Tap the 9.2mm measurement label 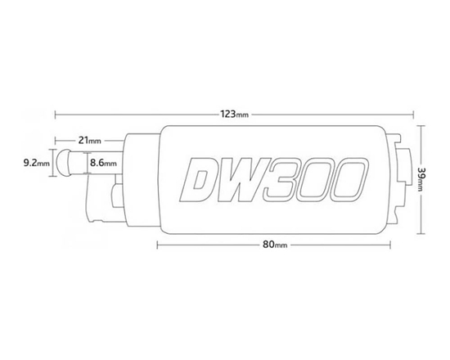pyautogui.click(x=37, y=164)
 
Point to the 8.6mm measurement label pyautogui.click(x=103, y=164)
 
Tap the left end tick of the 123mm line pyautogui.click(x=56, y=114)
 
